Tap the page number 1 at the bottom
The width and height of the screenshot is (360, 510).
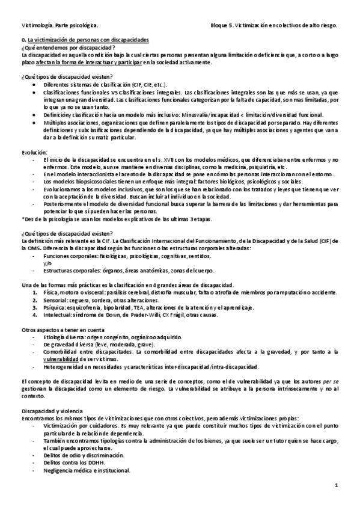click(x=337, y=485)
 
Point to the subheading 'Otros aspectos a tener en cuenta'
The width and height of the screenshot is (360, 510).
click(x=62, y=330)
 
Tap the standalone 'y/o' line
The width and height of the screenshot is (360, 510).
click(x=47, y=262)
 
